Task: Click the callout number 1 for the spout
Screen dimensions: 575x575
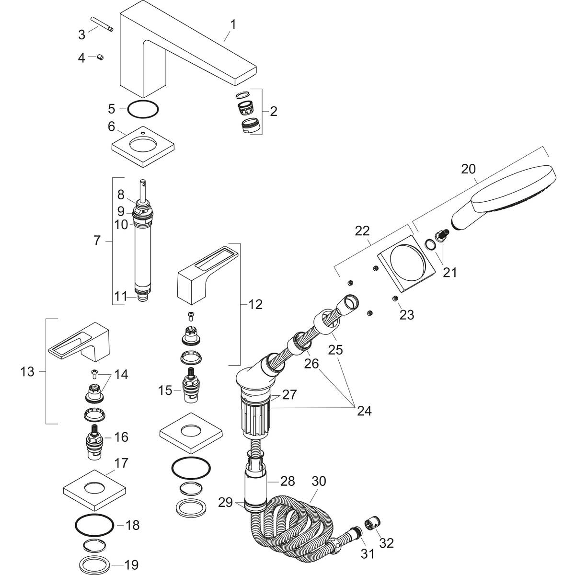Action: (x=232, y=24)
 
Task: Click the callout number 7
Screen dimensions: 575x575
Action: (x=97, y=240)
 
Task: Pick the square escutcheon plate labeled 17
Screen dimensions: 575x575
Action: (x=94, y=489)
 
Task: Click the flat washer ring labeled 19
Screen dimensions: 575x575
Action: (x=94, y=563)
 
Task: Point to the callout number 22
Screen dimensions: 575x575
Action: (x=362, y=230)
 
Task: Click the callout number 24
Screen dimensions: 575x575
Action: (x=364, y=410)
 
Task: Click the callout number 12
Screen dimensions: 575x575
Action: (x=255, y=304)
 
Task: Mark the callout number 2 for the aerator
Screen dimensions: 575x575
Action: (x=273, y=112)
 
